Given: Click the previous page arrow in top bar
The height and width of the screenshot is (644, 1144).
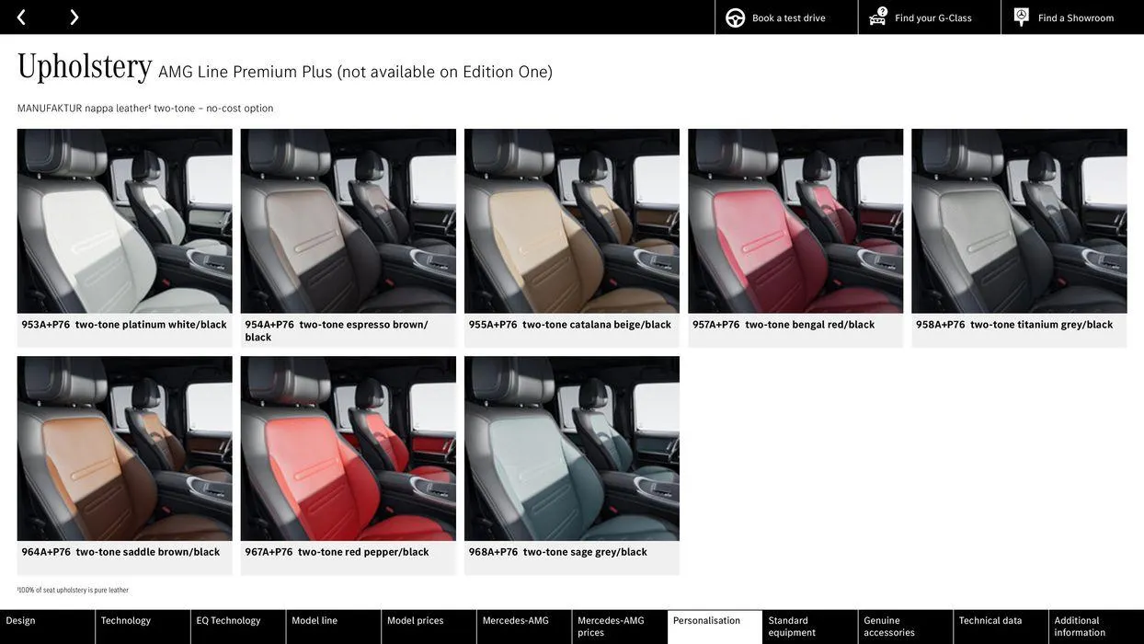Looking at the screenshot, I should pos(21,17).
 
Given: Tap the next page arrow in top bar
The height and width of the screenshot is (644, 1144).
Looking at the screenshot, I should pos(74,17).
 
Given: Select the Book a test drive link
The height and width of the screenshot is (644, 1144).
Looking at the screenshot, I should pos(788,18).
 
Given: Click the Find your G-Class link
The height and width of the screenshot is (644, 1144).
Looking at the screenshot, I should pos(932,18).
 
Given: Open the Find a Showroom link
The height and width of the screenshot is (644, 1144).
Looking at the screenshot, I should pos(1075,18).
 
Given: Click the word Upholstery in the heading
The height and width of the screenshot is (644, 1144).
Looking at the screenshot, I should pos(85,67).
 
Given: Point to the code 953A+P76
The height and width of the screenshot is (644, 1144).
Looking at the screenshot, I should pos(46,325).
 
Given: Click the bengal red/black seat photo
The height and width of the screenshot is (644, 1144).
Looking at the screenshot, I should pos(795,221).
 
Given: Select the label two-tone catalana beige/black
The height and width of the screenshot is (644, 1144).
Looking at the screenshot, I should pos(597,325).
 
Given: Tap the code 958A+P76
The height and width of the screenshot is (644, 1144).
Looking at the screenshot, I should pos(941,325).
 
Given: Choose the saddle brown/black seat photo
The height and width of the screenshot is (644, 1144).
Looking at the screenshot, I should pos(124,448).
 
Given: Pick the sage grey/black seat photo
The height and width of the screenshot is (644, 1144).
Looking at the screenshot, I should pos(571,448).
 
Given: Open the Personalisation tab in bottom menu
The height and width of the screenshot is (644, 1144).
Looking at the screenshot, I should pos(706,621).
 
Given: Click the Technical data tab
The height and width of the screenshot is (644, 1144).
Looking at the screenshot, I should pos(990,621).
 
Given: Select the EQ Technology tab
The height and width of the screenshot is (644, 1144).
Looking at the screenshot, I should pos(228,621).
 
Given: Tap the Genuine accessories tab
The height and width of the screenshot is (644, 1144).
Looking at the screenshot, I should pos(889,627).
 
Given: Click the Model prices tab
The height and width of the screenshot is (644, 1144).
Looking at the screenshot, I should pos(415,621).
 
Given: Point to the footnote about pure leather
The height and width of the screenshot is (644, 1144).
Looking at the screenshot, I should pos(73,591).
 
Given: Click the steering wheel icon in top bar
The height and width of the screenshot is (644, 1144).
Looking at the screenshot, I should pos(736,18).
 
